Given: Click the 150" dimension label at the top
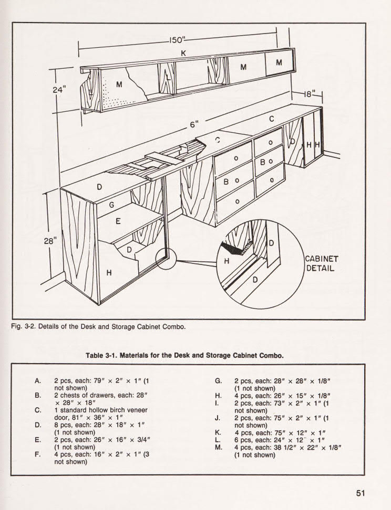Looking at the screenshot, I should [179, 40].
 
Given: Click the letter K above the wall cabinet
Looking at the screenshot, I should [183, 53].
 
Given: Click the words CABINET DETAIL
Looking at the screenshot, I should [322, 264].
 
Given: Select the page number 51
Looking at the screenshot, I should [360, 493].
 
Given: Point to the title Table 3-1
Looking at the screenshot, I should [103, 355].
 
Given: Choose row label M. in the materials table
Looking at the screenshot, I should [219, 448].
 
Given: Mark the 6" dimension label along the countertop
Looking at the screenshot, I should [194, 125].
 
